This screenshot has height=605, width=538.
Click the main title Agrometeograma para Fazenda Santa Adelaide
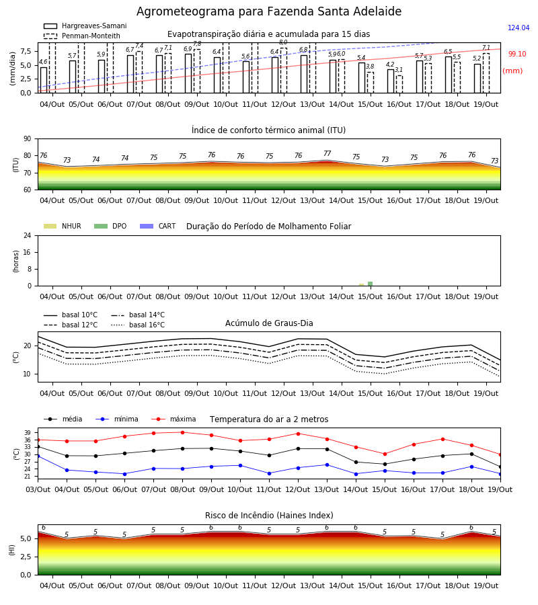(269, 11)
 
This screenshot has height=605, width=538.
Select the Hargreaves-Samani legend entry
(85, 26)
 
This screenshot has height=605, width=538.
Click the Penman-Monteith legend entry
(82, 36)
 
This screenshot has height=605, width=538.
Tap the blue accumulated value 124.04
(518, 28)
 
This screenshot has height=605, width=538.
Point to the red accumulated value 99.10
(517, 54)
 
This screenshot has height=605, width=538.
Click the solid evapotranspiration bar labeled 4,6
(44, 80)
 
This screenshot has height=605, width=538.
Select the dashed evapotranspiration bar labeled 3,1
(399, 85)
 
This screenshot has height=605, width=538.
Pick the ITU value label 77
(328, 153)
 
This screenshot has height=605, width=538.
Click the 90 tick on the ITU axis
(28, 139)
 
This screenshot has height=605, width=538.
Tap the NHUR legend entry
(63, 226)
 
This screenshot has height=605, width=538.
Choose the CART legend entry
(158, 226)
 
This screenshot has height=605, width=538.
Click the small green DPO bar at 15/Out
(370, 284)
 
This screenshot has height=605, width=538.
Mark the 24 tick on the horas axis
(28, 236)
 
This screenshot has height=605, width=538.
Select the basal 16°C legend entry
(138, 325)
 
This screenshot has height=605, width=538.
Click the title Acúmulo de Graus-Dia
(269, 323)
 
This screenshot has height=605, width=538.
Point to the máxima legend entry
(174, 419)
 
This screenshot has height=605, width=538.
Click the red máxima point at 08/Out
(182, 432)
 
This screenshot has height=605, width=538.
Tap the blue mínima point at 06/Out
(124, 474)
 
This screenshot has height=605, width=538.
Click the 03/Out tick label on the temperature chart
(38, 489)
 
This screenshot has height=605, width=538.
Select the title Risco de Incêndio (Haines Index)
(269, 516)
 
